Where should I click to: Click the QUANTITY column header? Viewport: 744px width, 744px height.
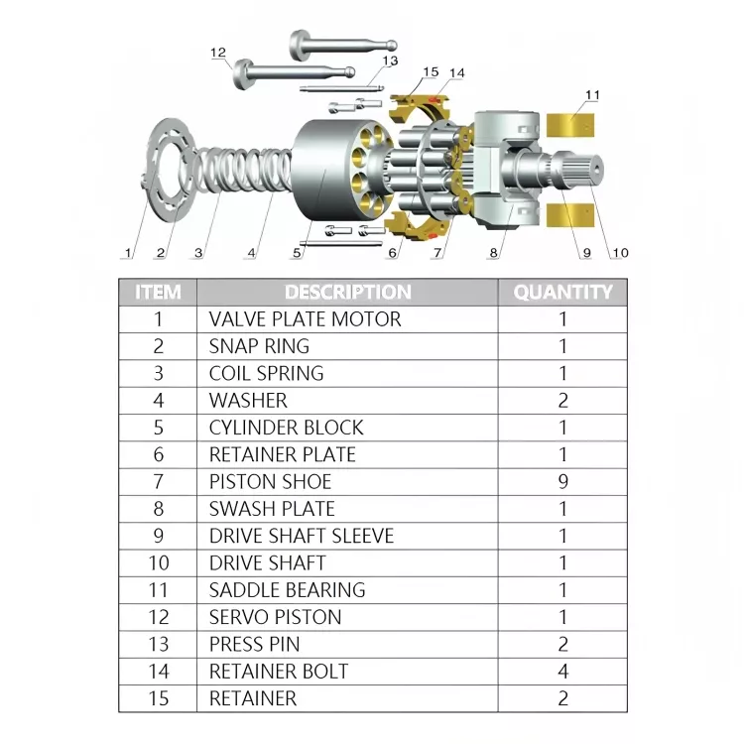click(x=562, y=293)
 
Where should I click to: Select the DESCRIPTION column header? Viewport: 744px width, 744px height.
click(x=348, y=293)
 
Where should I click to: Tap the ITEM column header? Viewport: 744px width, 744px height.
click(x=158, y=293)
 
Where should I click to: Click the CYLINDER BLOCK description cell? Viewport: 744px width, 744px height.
click(x=286, y=428)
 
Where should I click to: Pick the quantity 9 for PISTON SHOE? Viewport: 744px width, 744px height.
click(x=562, y=481)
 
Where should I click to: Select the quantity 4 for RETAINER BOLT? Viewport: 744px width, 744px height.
click(x=562, y=671)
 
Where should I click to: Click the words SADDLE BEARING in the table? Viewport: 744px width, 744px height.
click(x=287, y=590)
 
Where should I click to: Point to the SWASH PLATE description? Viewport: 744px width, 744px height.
click(x=272, y=509)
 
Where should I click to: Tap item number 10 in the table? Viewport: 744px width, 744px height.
click(x=159, y=562)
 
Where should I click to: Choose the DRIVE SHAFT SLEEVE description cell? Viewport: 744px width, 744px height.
click(x=302, y=536)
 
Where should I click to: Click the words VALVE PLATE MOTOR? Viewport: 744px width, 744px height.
click(x=306, y=319)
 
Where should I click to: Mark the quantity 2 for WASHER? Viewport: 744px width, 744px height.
click(x=562, y=401)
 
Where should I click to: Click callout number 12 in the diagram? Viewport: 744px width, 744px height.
click(x=218, y=53)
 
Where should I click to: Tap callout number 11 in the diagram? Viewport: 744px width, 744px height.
click(x=592, y=95)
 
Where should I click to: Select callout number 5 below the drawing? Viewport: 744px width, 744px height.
click(x=297, y=253)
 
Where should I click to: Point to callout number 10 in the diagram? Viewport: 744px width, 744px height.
click(x=620, y=253)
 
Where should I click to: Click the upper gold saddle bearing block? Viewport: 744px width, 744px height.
click(x=569, y=125)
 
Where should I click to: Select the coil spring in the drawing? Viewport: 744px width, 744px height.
click(x=242, y=171)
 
